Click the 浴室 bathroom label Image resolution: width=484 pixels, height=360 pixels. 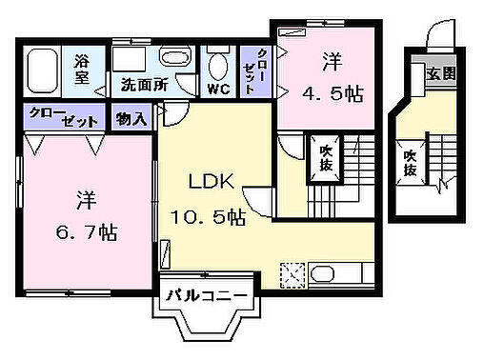pos(83,70)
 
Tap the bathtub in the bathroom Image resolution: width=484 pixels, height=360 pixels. pos(44,70)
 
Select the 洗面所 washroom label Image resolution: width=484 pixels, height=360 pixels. pos(144,85)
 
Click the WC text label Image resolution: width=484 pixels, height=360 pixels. pos(218,89)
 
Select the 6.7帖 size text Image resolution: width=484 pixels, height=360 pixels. pos(84,231)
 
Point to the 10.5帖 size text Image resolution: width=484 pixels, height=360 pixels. pos(208,217)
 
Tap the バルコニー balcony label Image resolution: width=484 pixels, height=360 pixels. pos(209,296)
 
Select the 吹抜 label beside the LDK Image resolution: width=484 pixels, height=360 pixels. pos(324,156)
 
